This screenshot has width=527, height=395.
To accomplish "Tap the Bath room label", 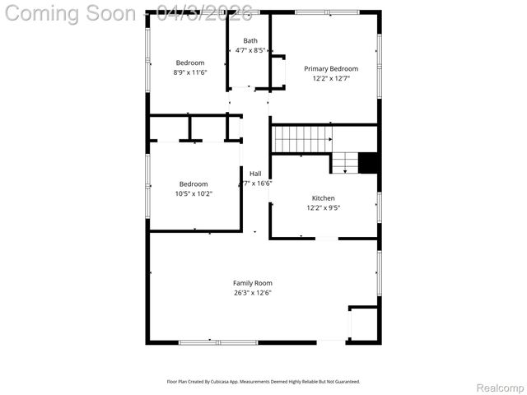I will tap(250, 40).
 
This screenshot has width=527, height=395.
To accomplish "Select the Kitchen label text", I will tap(323, 198).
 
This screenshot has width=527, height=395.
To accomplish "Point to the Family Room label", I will tap(252, 283).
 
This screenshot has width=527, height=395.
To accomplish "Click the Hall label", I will tap(255, 174).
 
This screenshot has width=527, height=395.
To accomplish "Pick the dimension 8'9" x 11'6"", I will tap(189, 72).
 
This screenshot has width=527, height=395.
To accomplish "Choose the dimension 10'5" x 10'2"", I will tap(194, 194).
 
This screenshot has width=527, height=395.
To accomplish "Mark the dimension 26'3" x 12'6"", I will tap(252, 293).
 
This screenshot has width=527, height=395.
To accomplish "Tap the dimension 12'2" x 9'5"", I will tap(323, 208).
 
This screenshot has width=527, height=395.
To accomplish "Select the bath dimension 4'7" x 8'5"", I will tap(250, 50).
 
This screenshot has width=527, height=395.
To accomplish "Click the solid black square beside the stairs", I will tap(370, 163).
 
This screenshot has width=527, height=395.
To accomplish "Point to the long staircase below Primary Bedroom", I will tap(301, 139).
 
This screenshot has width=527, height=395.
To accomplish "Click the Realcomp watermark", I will tap(500, 388).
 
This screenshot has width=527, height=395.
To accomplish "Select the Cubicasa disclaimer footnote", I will tap(263, 382).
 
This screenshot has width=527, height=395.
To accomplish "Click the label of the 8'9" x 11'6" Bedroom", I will tap(189, 63).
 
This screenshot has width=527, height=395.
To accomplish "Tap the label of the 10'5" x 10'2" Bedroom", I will tap(194, 184).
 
